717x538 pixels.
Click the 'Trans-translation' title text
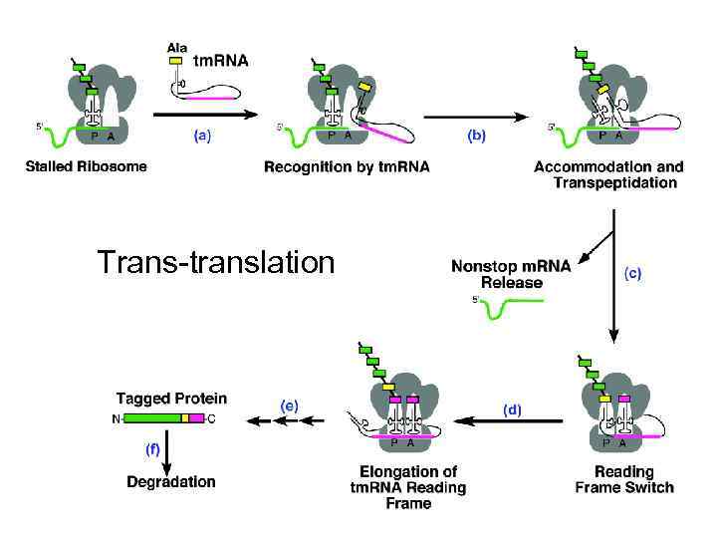[x=216, y=262]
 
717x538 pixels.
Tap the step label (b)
[x=476, y=137]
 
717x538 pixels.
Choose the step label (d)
[x=512, y=409]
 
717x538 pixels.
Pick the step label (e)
[x=290, y=403]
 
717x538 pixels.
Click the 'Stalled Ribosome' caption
[x=86, y=166]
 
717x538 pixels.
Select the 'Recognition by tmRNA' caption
[x=347, y=166]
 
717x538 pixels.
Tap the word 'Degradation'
[x=171, y=482]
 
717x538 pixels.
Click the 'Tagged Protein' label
[x=171, y=398]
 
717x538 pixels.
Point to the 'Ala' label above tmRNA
[x=176, y=46]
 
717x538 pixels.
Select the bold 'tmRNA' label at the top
[x=220, y=60]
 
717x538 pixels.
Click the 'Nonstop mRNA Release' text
[x=512, y=274]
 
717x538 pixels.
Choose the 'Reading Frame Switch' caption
[x=624, y=479]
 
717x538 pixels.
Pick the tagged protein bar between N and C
[x=163, y=418]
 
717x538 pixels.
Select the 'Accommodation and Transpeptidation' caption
[x=609, y=174]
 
